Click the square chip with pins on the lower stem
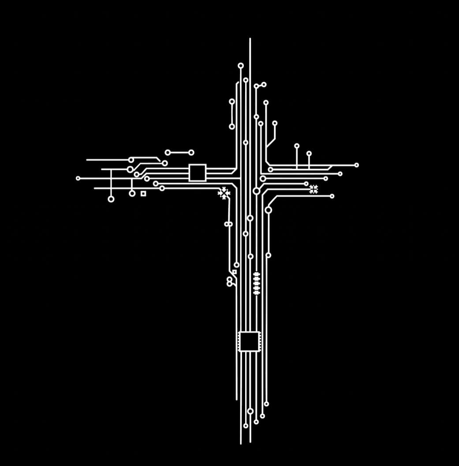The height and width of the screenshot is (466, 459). [249, 341]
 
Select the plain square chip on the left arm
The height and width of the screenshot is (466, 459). [198, 172]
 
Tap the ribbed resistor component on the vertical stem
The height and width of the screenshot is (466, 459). [257, 283]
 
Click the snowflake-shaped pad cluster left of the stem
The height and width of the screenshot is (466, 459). [224, 193]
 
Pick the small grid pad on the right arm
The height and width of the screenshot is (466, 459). [313, 189]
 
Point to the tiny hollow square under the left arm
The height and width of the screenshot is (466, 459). [143, 194]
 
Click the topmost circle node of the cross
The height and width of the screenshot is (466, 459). [241, 66]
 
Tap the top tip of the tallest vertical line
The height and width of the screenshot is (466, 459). [250, 39]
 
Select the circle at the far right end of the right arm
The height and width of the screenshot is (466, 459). [356, 165]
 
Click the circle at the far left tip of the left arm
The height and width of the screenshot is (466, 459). [78, 179]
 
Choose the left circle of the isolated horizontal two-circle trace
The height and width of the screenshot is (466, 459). [168, 153]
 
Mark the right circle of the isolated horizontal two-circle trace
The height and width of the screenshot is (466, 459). [191, 153]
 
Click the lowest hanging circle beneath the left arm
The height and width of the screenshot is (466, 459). [111, 199]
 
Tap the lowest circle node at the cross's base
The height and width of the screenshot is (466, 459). [246, 426]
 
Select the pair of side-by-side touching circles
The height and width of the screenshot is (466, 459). [228, 224]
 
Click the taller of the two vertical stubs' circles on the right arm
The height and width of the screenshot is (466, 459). [297, 146]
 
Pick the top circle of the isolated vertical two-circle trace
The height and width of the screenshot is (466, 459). [232, 101]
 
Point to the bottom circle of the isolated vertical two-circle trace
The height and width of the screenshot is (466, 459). [232, 127]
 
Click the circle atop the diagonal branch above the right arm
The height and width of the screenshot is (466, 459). [275, 123]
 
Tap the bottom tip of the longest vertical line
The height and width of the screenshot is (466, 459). [241, 443]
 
